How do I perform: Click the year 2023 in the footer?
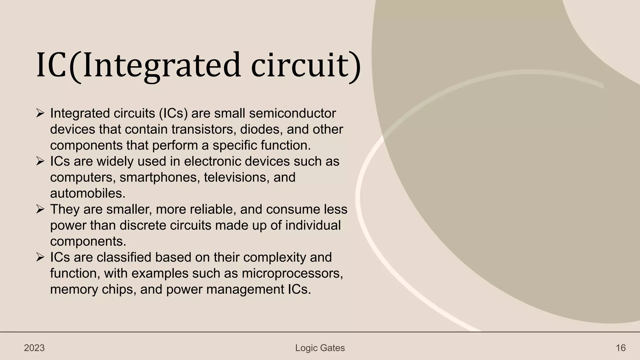34,348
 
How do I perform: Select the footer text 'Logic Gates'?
320,348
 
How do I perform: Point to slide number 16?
621,348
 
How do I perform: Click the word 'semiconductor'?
292,113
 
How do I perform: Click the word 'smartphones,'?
160,177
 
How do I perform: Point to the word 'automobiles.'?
88,193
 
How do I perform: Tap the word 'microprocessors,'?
292,273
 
